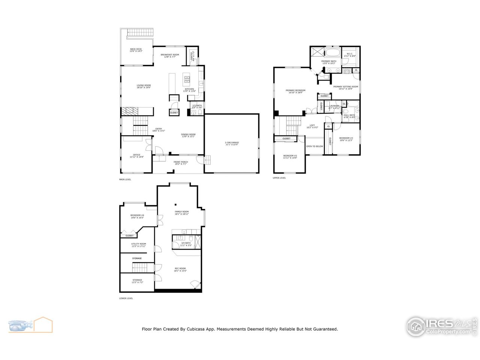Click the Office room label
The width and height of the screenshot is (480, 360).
click(136, 156)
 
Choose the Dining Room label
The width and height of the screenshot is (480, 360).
click(188, 135)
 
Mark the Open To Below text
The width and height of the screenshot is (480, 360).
click(315, 146)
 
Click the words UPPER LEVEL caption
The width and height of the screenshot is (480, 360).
click(279, 178)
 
